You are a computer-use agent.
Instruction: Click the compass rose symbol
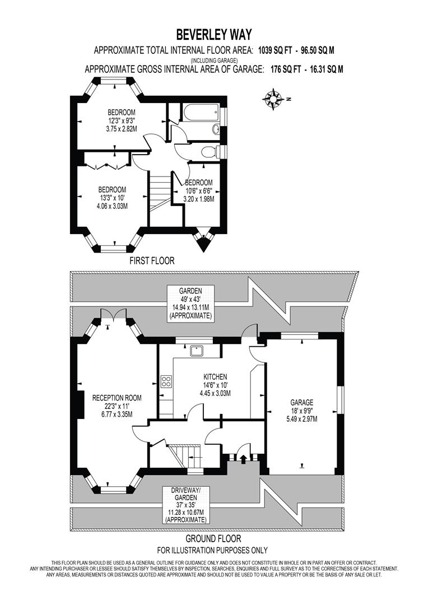273,99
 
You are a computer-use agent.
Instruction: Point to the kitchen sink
197,351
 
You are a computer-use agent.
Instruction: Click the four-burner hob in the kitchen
166,381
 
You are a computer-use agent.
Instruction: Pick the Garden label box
190,302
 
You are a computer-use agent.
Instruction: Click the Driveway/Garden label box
185,505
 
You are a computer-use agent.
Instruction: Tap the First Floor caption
152,260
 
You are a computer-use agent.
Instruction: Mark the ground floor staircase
185,452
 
